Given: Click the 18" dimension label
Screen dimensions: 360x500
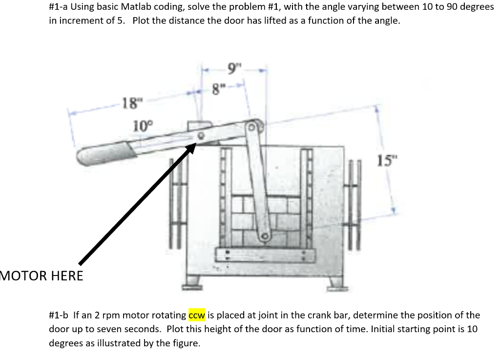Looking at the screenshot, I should pyautogui.click(x=131, y=103).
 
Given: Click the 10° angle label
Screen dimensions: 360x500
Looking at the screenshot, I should pyautogui.click(x=143, y=126).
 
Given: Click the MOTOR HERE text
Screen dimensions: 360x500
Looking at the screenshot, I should pyautogui.click(x=42, y=275).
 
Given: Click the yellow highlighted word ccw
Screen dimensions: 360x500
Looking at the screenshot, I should pyautogui.click(x=197, y=315).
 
